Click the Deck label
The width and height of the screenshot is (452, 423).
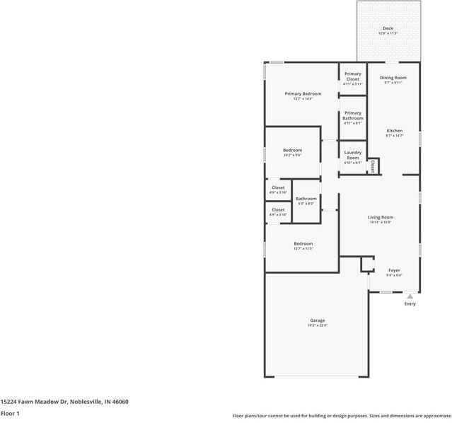pyautogui.click(x=388, y=28)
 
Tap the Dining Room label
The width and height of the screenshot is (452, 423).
pyautogui.click(x=393, y=77)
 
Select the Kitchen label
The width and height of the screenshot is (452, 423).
pyautogui.click(x=394, y=131)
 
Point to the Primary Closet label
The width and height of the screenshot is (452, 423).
pyautogui.click(x=352, y=76)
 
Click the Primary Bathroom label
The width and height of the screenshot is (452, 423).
pyautogui.click(x=352, y=115)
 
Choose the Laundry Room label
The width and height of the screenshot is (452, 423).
pyautogui.click(x=352, y=154)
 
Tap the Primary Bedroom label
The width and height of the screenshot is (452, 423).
pyautogui.click(x=303, y=93)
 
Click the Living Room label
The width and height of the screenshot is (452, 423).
pyautogui.click(x=380, y=217)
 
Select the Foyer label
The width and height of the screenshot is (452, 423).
pyautogui.click(x=394, y=270)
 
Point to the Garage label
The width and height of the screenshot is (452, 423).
pyautogui.click(x=317, y=320)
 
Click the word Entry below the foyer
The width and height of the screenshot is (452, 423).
pyautogui.click(x=410, y=303)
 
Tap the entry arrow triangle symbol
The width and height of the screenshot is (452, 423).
pyautogui.click(x=410, y=296)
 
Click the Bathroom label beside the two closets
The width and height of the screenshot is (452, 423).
pyautogui.click(x=306, y=199)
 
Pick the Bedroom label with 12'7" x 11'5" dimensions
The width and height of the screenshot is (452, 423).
pyautogui.click(x=303, y=243)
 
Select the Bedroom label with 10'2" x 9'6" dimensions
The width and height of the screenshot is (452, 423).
pyautogui.click(x=292, y=150)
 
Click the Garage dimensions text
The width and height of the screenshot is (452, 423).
pyautogui.click(x=317, y=325)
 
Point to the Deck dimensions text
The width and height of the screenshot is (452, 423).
pyautogui.click(x=388, y=33)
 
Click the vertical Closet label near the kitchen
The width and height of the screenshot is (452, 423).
pyautogui.click(x=372, y=166)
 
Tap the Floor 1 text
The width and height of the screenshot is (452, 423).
pyautogui.click(x=10, y=413)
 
